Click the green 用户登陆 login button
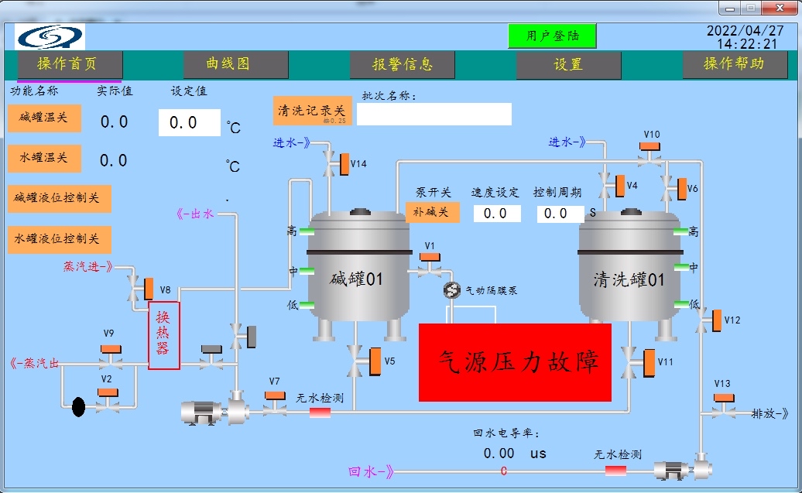(552, 36)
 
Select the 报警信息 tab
(402, 65)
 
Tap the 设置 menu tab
(568, 65)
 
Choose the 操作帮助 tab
(733, 64)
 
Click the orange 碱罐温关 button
(44, 118)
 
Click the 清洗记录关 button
(312, 111)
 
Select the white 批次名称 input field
(434, 114)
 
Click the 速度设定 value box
(497, 213)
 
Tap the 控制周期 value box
(560, 213)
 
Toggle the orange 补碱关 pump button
(432, 211)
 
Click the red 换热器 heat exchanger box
(163, 335)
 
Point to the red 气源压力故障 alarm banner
(515, 362)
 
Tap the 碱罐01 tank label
(357, 279)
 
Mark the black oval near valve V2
(78, 406)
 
